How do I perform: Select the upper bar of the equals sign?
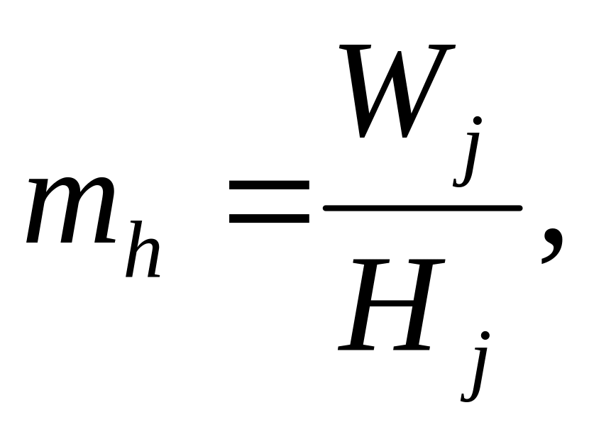(x=269, y=187)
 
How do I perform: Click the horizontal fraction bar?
(x=422, y=208)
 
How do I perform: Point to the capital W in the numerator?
(x=397, y=92)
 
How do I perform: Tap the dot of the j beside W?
(x=478, y=121)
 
